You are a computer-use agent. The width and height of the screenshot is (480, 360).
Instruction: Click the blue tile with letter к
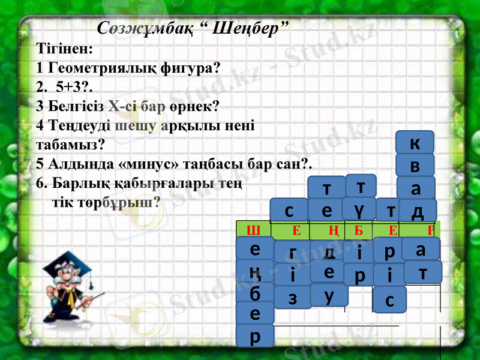pos(415,143)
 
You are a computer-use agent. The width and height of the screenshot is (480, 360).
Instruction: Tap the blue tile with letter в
pos(415,165)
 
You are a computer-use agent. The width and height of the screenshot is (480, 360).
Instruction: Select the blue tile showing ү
pos(359,208)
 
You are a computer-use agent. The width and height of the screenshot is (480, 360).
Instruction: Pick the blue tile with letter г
pos(292,252)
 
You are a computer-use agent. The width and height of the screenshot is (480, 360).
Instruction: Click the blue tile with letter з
pos(292,296)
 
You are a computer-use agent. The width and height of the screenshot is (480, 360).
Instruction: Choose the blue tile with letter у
pos(329,295)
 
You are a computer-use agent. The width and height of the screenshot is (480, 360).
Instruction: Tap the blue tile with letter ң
pos(254,272)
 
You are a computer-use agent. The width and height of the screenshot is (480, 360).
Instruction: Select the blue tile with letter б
pos(254,293)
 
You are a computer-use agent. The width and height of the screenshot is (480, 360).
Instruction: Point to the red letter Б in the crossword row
pos(359,229)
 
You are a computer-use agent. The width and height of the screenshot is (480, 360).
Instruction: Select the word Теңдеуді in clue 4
pos(76,125)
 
